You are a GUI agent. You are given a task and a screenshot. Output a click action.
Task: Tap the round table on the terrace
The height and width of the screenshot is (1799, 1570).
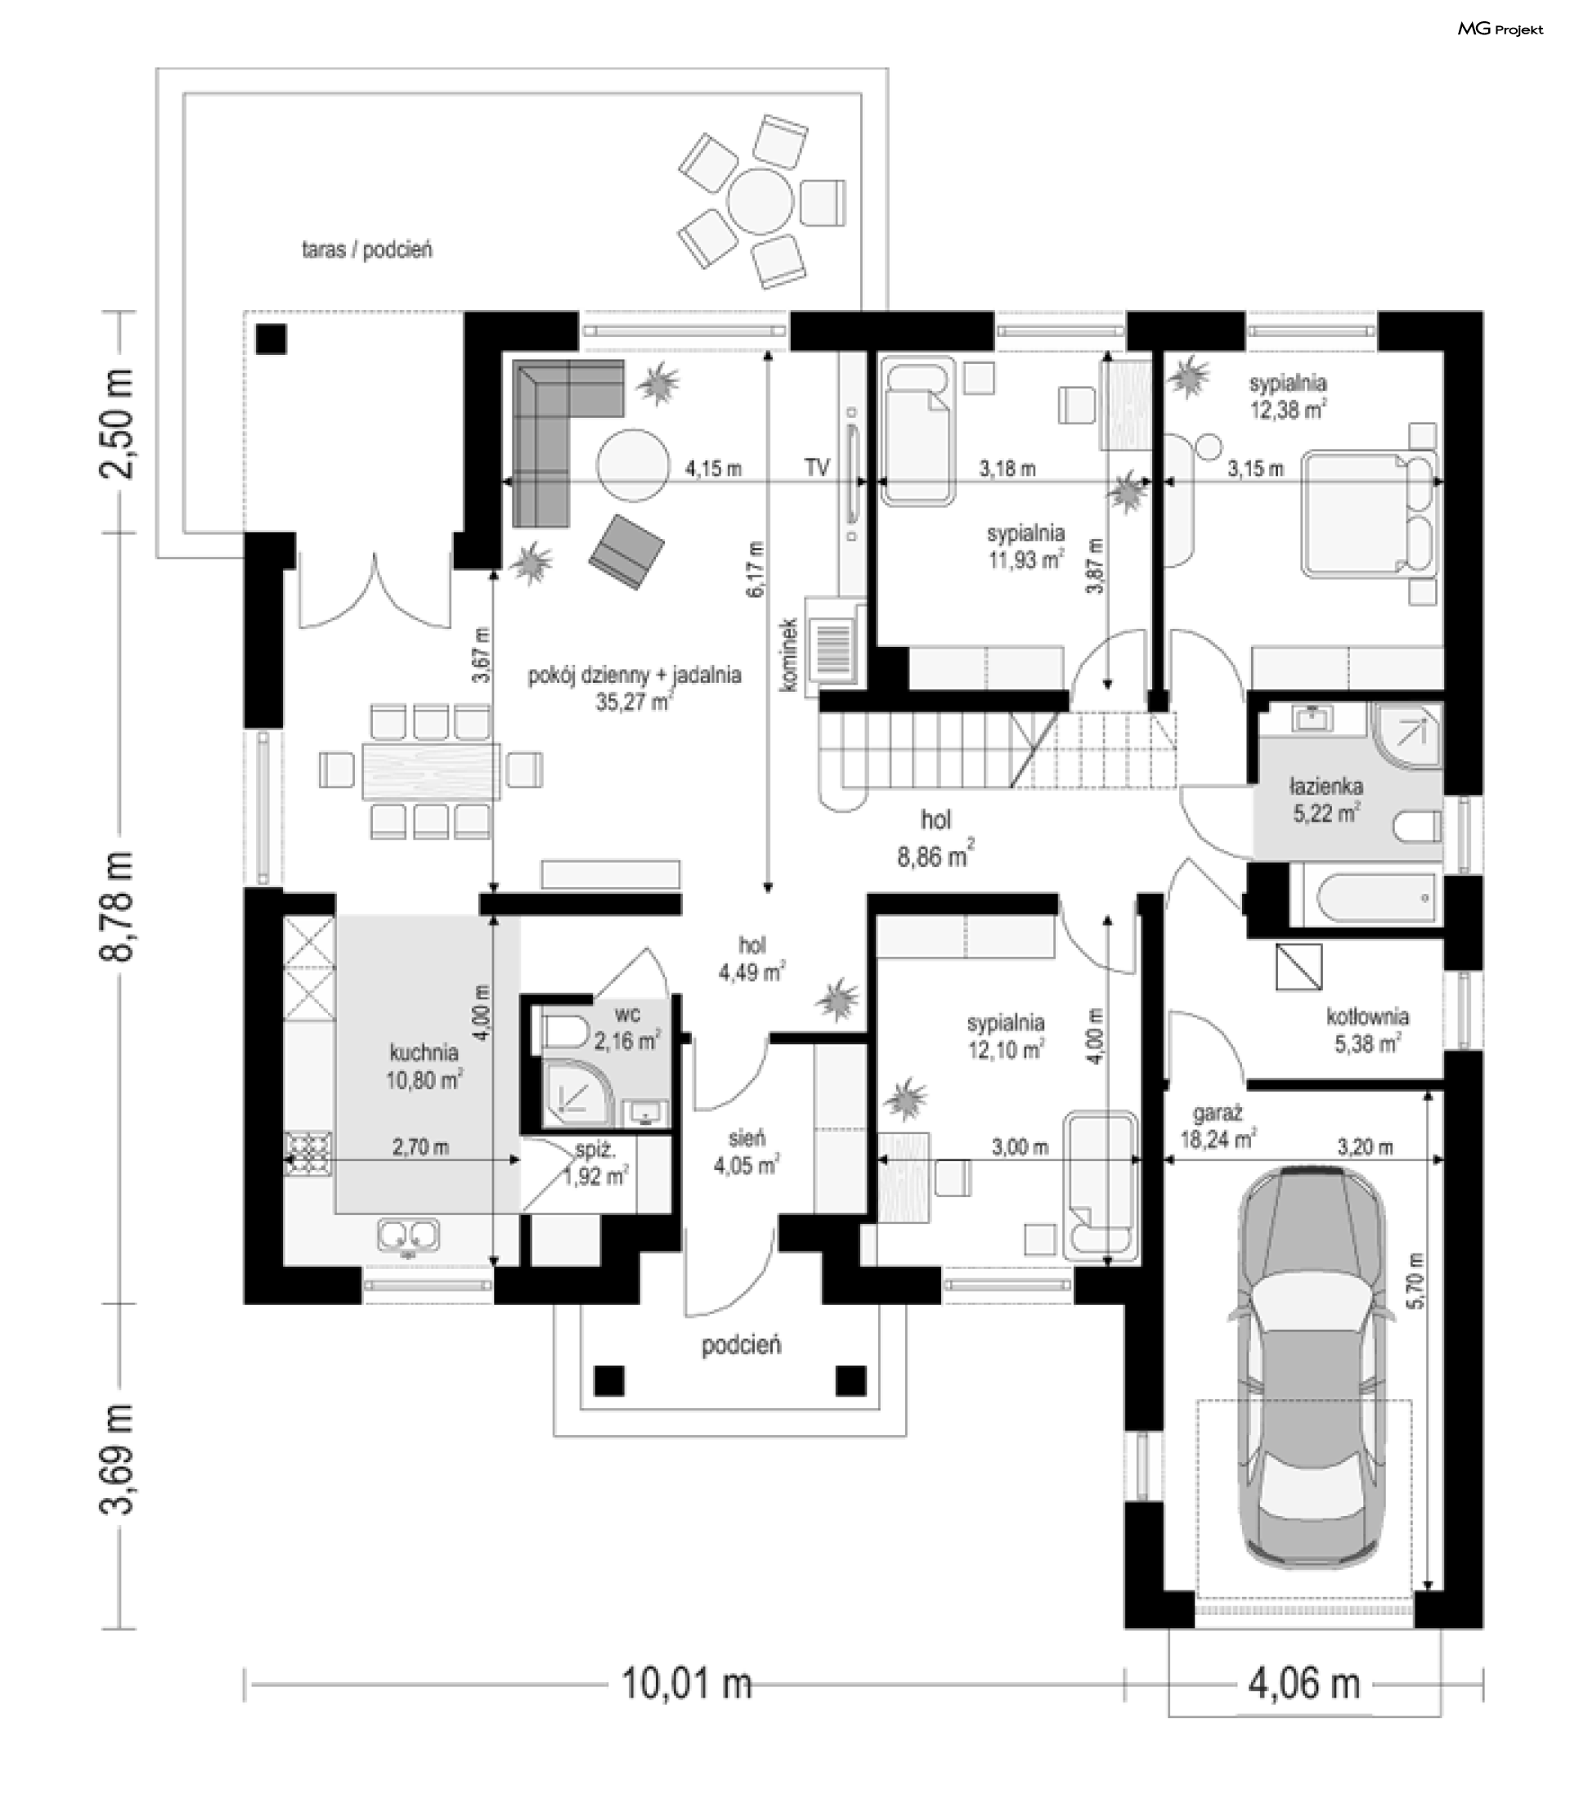(x=761, y=200)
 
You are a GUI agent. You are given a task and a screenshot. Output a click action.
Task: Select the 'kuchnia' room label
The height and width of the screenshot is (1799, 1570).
(x=424, y=1052)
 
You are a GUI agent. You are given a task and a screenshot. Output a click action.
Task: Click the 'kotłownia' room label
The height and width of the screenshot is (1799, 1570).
(x=1366, y=1017)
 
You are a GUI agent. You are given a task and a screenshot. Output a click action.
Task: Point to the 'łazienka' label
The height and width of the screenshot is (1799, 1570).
(x=1326, y=787)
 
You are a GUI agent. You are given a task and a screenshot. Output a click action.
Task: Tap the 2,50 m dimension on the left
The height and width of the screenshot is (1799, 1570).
(x=119, y=424)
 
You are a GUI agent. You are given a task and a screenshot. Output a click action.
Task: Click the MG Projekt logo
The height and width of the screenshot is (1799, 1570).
(x=1500, y=29)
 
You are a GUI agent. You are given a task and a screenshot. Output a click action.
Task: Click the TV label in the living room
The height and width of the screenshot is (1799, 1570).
(x=817, y=468)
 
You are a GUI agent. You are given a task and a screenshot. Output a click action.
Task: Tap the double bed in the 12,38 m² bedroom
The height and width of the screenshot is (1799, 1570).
(x=1370, y=514)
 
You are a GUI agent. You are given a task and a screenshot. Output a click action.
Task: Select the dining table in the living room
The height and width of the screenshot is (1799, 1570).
(x=431, y=771)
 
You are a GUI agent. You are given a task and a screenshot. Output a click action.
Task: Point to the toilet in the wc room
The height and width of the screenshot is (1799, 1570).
(x=564, y=1032)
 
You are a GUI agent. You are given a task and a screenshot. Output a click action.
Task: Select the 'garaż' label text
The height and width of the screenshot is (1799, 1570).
(x=1218, y=1115)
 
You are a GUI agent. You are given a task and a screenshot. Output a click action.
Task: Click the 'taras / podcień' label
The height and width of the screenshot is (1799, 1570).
(x=367, y=250)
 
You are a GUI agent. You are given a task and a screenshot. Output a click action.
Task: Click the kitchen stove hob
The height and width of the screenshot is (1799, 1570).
(x=308, y=1154)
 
